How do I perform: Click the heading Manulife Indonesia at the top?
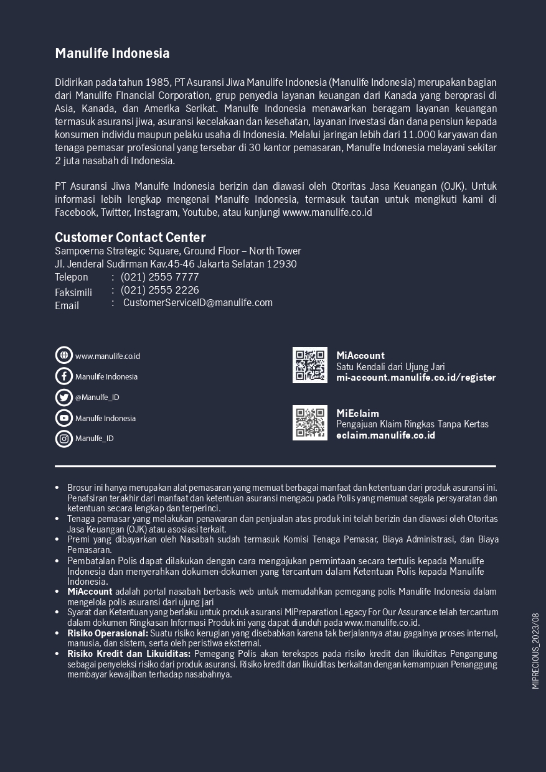click(112, 53)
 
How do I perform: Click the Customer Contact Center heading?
click(130, 237)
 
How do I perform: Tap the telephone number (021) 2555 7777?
click(160, 277)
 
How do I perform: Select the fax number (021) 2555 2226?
click(160, 290)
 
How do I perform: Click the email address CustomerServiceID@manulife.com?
click(198, 303)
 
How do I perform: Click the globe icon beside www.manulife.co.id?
click(64, 355)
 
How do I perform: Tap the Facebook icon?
click(64, 376)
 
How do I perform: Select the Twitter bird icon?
click(64, 397)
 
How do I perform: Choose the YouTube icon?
click(64, 418)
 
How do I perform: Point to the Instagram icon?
click(64, 439)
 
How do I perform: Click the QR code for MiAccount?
click(310, 365)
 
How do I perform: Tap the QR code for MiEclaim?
click(310, 423)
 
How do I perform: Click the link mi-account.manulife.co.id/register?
click(416, 378)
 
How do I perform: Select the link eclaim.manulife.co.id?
click(385, 435)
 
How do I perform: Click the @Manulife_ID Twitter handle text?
click(97, 398)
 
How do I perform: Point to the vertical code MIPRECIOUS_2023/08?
click(535, 651)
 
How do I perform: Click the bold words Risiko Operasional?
click(108, 633)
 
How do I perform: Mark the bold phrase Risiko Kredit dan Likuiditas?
click(129, 654)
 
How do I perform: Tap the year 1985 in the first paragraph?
click(158, 82)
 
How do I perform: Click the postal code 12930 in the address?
click(282, 264)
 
